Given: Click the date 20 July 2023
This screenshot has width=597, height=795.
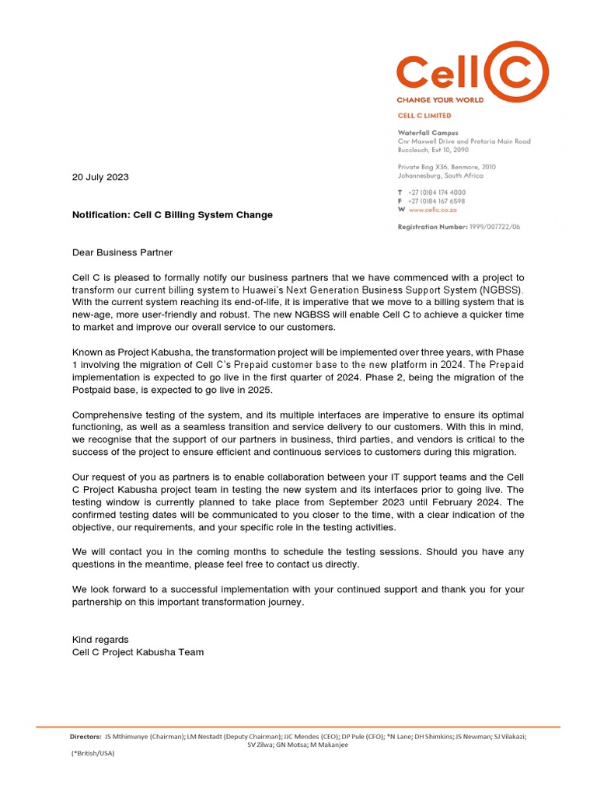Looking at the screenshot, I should point(100,177).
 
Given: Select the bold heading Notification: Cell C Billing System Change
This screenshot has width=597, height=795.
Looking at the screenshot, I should point(172,214).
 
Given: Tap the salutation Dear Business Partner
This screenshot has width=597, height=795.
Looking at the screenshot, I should point(122,252).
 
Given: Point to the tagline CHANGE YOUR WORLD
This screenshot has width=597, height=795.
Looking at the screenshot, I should point(440,100).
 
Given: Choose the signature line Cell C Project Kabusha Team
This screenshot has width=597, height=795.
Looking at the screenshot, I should point(138,652).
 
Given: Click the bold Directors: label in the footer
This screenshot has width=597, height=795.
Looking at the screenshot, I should point(86,736).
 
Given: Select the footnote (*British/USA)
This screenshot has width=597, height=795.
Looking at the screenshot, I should point(92,753).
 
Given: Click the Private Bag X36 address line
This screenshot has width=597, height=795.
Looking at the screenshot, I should point(446,167).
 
